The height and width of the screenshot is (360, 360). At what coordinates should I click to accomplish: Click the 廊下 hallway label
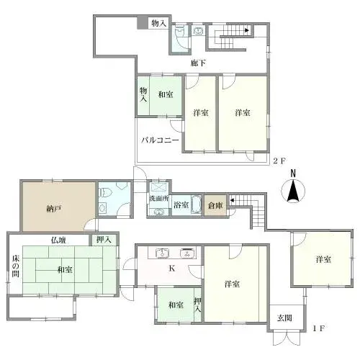(199, 63)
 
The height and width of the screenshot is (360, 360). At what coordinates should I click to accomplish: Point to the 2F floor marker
(280, 161)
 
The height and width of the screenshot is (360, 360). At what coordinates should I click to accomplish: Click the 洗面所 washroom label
(159, 196)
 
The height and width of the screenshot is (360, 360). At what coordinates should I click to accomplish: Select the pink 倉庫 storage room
(214, 205)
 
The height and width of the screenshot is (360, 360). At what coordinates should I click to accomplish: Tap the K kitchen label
(171, 270)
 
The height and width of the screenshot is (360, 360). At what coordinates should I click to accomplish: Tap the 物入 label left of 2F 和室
(143, 94)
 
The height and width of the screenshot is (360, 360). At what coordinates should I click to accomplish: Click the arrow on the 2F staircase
(247, 31)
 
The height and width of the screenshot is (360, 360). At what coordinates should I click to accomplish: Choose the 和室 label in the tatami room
(64, 270)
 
